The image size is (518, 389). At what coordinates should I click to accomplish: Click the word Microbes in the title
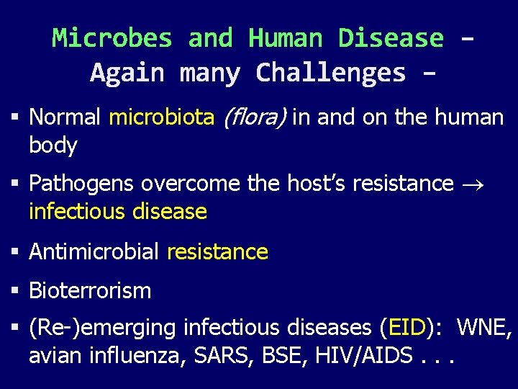click(112, 37)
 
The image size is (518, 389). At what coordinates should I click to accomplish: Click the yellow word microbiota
click(161, 117)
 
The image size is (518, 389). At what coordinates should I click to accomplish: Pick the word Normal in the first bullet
click(65, 117)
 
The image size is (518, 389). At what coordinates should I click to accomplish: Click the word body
click(53, 145)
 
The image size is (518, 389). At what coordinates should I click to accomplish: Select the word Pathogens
click(81, 184)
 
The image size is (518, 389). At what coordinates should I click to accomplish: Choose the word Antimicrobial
click(94, 251)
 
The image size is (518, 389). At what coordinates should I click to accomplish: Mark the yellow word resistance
click(217, 251)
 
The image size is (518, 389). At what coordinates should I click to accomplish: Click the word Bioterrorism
click(90, 291)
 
